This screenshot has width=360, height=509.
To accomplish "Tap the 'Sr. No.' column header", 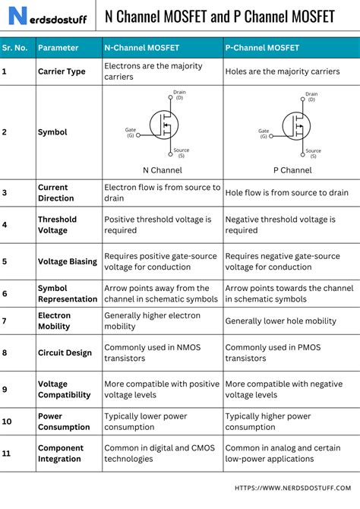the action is pyautogui.click(x=15, y=48).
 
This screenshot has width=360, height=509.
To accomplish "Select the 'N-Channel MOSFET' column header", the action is pyautogui.click(x=141, y=48).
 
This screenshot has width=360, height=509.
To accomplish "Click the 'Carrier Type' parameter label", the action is pyautogui.click(x=62, y=71).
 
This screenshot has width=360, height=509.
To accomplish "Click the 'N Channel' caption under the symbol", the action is pyautogui.click(x=163, y=170).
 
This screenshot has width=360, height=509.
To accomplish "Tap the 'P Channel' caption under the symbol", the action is pyautogui.click(x=292, y=170).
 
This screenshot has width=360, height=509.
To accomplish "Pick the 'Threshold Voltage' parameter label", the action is pyautogui.click(x=58, y=225).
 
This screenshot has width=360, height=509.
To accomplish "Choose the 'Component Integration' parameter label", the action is pyautogui.click(x=60, y=454).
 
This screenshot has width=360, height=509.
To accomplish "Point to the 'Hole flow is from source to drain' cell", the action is pyautogui.click(x=286, y=193).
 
